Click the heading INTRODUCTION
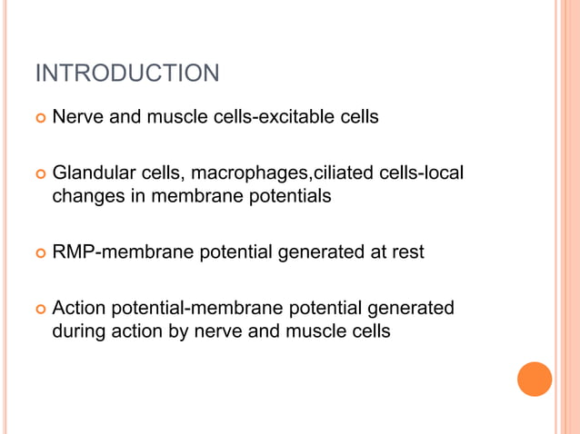tap(127, 73)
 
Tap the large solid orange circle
tap(535, 379)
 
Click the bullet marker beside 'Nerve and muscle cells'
tap(38, 118)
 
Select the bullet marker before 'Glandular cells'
tap(38, 173)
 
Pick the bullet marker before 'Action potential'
tap(38, 310)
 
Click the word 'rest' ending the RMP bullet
tap(407, 252)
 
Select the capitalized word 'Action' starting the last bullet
tap(78, 309)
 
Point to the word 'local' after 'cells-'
tap(445, 173)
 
